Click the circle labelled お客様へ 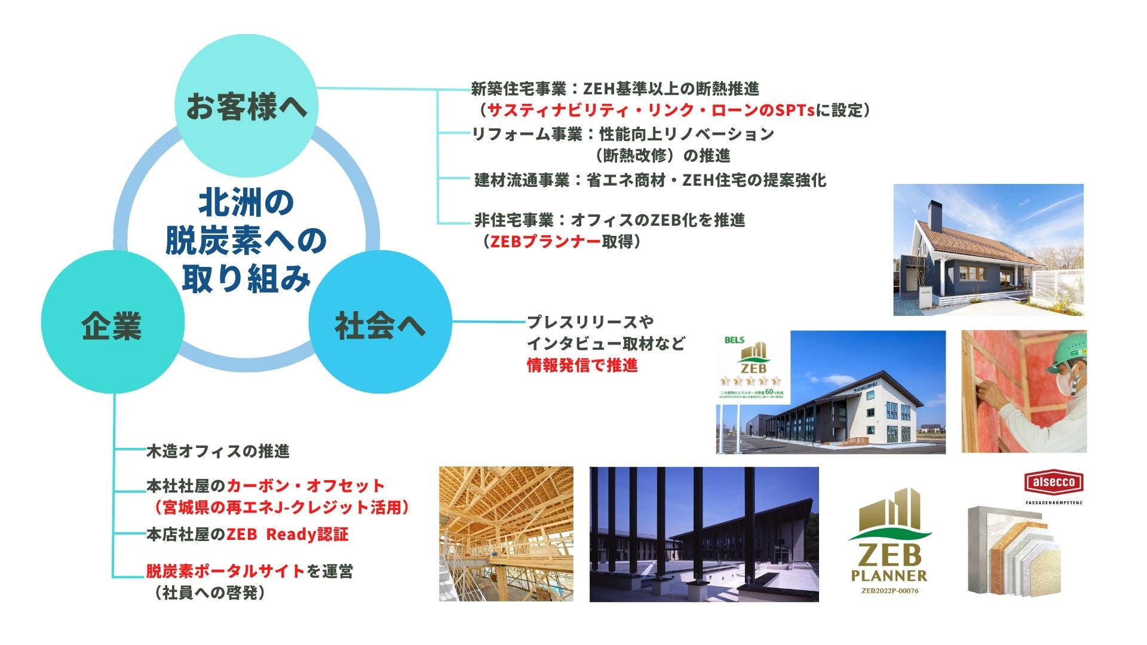click(x=246, y=106)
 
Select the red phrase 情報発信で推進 click(x=582, y=365)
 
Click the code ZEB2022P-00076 click(x=890, y=591)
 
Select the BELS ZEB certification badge click(x=752, y=368)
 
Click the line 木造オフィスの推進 click(x=218, y=451)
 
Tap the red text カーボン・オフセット click(x=306, y=486)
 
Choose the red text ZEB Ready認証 click(x=287, y=534)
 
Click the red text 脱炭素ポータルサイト click(x=226, y=571)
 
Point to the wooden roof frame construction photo click(x=506, y=533)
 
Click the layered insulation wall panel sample click(x=1014, y=549)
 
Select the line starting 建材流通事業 click(x=650, y=180)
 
